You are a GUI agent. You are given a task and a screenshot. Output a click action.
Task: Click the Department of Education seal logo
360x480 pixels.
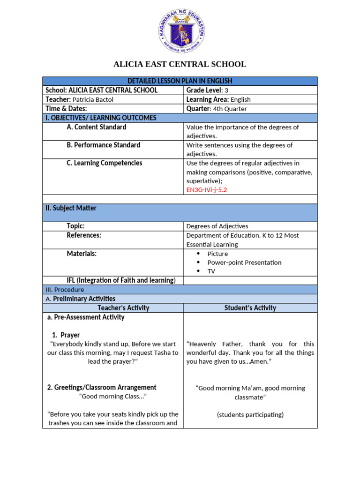click(180, 32)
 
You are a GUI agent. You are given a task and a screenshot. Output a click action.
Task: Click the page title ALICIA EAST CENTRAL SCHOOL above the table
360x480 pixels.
click(180, 65)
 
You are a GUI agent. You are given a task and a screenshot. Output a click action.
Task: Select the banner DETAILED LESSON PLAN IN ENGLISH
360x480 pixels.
click(180, 81)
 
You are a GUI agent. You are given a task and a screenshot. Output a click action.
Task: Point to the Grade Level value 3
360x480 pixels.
click(226, 90)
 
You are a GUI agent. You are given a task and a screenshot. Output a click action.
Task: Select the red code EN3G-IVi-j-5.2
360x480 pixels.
click(207, 190)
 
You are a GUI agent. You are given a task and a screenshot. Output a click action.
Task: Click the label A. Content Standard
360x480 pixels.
click(96, 127)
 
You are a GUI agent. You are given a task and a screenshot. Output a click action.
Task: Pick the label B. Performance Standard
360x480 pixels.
click(103, 145)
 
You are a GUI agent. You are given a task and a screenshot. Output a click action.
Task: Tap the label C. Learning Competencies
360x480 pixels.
click(104, 163)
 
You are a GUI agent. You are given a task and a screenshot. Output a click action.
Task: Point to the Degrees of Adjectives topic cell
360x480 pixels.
click(217, 226)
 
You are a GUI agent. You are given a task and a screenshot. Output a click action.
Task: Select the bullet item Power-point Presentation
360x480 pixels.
click(244, 262)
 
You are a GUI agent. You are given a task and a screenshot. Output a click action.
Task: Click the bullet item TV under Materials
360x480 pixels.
click(211, 271)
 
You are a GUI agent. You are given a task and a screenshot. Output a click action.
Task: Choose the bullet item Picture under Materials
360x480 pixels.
click(217, 254)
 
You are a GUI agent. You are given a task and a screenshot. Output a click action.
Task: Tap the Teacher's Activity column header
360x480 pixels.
click(123, 308)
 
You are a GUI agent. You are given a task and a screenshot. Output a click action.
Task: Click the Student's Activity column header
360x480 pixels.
click(250, 308)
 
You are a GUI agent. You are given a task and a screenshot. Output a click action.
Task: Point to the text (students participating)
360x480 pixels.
click(250, 414)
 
